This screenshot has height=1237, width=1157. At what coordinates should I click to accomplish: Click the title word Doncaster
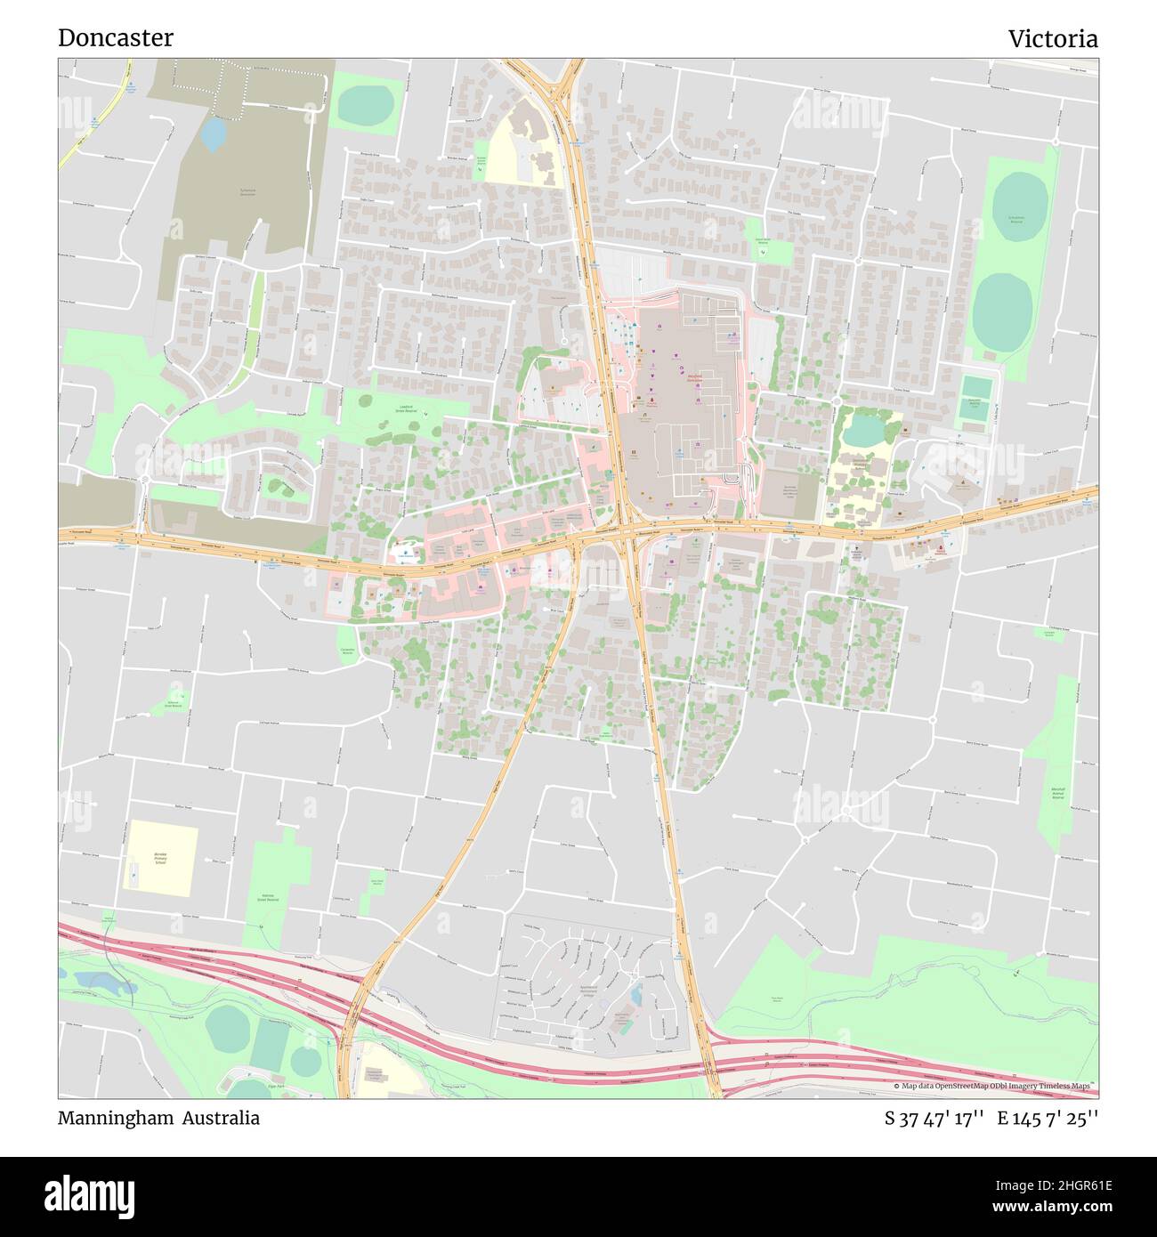(116, 38)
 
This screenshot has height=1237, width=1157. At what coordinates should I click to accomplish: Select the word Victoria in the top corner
(1053, 39)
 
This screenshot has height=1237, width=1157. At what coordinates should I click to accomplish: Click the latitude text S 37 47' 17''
(934, 1119)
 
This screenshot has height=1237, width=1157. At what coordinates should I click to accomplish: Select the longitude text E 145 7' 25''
(1048, 1119)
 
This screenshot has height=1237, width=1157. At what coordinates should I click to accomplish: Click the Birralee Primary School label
(160, 858)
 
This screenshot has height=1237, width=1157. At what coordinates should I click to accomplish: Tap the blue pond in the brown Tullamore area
(214, 133)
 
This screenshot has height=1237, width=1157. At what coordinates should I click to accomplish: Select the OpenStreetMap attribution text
(994, 1086)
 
